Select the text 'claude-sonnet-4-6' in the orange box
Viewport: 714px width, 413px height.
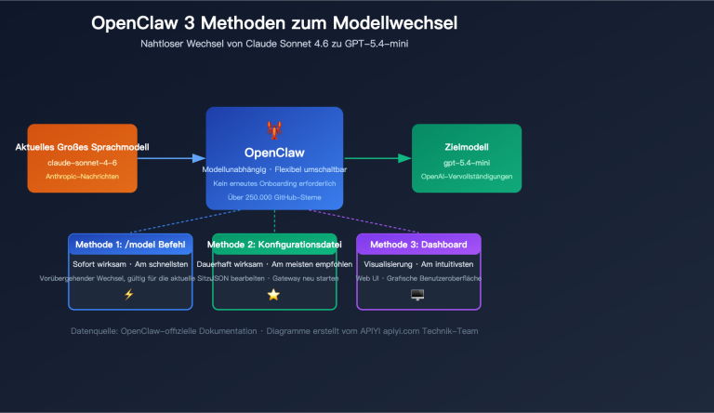point(83,163)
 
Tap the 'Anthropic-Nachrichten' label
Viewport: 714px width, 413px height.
point(83,177)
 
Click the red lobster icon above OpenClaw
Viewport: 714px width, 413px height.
point(274,129)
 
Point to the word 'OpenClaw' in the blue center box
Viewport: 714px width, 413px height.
point(274,152)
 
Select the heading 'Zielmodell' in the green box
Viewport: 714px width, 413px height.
point(468,148)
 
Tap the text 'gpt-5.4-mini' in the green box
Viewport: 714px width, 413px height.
point(468,163)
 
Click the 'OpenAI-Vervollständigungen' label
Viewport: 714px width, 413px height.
point(468,177)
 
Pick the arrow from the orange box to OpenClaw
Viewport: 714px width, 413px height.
point(171,159)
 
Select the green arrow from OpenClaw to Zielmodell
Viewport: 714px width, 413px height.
point(377,159)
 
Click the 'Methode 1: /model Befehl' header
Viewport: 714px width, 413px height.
point(130,244)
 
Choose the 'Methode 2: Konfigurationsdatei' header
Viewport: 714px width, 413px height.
point(274,244)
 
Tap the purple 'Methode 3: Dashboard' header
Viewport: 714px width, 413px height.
point(418,244)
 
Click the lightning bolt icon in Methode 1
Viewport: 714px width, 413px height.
point(130,295)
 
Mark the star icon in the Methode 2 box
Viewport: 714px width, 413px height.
point(273,295)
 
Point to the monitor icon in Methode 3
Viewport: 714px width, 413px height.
point(417,295)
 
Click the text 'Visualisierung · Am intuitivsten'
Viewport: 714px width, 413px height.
point(418,264)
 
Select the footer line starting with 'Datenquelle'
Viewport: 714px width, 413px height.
point(274,331)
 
